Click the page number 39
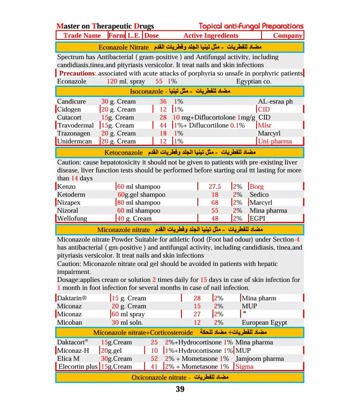(x=180, y=389)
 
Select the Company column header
(x=287, y=35)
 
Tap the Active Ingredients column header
(x=211, y=35)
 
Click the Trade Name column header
(x=82, y=35)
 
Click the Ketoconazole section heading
(x=123, y=153)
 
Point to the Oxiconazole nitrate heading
(x=158, y=377)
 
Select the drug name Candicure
(x=71, y=102)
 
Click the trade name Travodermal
(x=76, y=125)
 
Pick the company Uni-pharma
(x=275, y=141)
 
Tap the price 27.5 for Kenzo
(x=215, y=187)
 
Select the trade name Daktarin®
(x=72, y=298)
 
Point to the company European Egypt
(x=264, y=323)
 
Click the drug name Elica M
(x=68, y=359)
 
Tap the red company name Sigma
(x=244, y=367)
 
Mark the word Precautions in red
(x=77, y=73)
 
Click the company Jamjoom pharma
(x=259, y=359)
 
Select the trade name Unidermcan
(x=74, y=141)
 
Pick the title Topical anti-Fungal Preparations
(x=251, y=26)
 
